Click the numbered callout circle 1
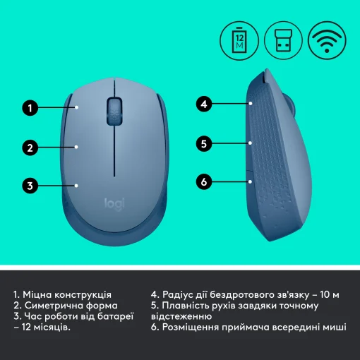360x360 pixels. tap(30, 109)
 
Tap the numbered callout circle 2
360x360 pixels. tap(30, 148)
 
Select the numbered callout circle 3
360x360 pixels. tap(30, 186)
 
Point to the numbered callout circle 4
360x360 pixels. tap(203, 104)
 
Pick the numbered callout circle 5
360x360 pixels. tap(203, 143)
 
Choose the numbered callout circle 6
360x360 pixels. tap(203, 182)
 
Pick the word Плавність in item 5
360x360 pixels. tap(190, 306)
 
